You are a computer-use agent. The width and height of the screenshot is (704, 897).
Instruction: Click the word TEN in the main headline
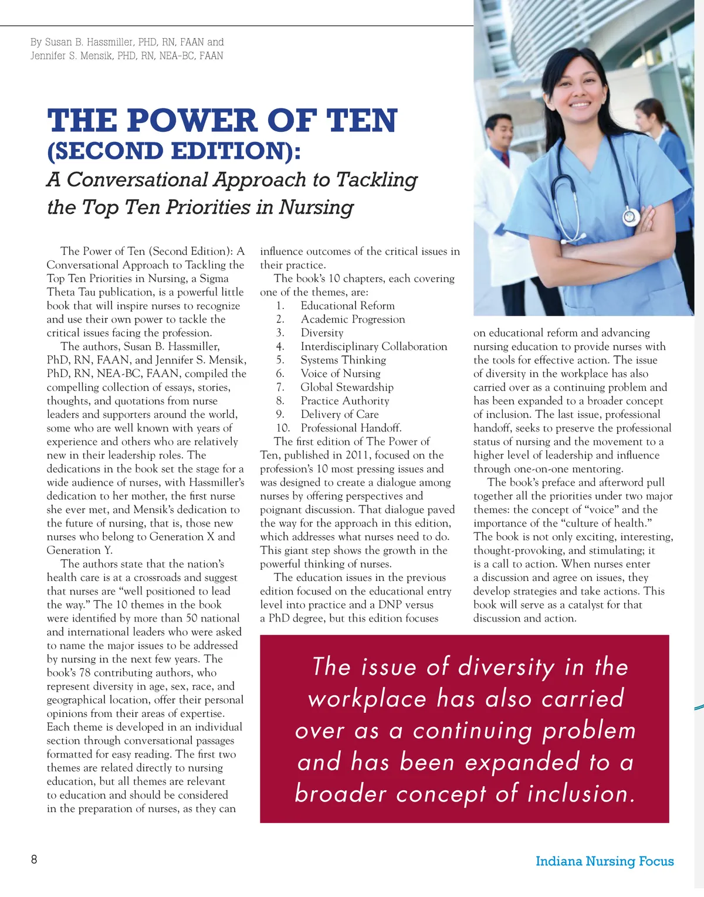point(362,121)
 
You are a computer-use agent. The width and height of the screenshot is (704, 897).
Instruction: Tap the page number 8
point(34,859)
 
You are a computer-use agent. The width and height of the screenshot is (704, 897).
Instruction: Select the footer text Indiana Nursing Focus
point(604,861)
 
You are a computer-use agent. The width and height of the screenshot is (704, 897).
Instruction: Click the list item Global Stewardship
point(347,388)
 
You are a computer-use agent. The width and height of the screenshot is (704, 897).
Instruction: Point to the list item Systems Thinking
point(343,360)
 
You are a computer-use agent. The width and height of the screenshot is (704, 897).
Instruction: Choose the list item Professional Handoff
point(351,428)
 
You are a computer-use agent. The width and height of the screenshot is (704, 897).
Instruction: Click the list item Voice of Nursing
point(340,373)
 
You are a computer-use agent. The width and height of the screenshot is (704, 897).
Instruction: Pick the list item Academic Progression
point(353,320)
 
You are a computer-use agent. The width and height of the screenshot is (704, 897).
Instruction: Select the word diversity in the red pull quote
point(506,668)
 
